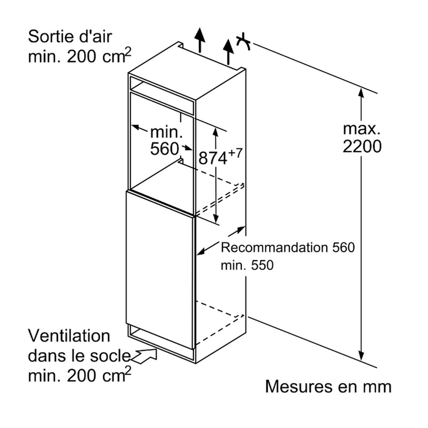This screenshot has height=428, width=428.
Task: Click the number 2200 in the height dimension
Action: [362, 146]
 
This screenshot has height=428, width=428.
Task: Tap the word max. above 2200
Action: [362, 128]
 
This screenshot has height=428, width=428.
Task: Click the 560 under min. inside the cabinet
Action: [164, 149]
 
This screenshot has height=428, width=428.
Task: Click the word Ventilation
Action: [69, 336]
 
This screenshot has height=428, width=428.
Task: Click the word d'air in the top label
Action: [96, 36]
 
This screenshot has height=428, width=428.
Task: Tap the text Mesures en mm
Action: [328, 386]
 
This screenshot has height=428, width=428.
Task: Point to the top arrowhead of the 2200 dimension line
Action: [361, 94]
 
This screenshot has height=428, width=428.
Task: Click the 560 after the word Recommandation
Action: [343, 248]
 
